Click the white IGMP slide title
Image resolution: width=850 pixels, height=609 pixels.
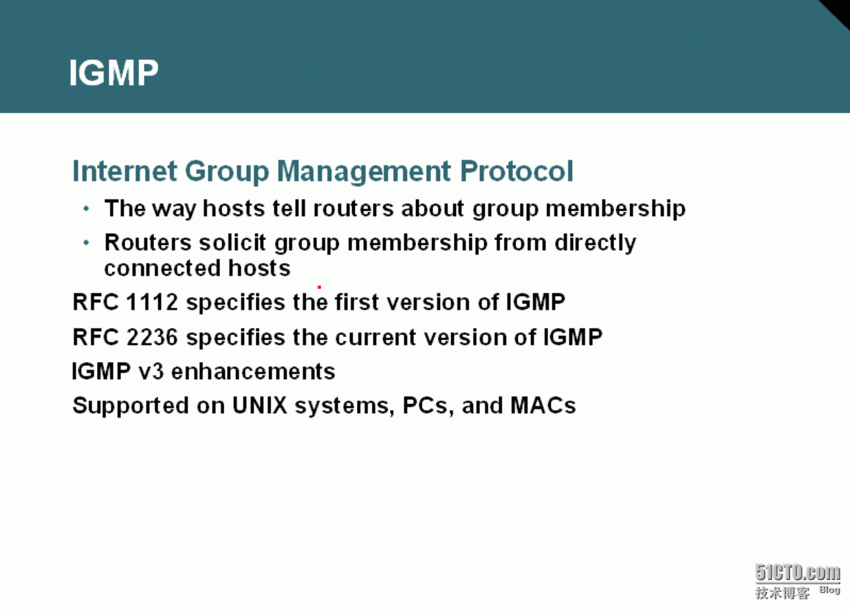point(113,72)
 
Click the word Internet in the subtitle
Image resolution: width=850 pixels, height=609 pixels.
point(124,171)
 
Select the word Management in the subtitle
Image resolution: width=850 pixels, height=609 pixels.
point(364,171)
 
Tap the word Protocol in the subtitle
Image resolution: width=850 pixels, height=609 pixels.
point(516,171)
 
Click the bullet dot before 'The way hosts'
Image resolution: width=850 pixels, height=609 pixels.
point(87,209)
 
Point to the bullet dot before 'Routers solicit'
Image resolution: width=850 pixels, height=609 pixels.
point(87,242)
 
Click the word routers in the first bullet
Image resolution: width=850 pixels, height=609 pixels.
point(353,209)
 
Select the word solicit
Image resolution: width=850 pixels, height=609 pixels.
point(232,242)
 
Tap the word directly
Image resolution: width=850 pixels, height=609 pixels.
point(595,243)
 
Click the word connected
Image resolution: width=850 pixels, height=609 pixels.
point(162,268)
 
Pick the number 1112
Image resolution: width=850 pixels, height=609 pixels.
point(152,302)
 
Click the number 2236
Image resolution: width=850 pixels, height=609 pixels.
point(152,337)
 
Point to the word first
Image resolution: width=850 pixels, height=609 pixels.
point(357,302)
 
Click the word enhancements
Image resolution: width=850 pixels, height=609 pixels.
point(253,372)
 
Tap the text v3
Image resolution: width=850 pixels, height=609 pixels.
point(151,372)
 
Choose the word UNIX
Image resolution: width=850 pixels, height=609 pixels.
point(259,405)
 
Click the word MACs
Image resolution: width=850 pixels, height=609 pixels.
point(543,405)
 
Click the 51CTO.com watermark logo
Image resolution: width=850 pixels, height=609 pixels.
point(798,581)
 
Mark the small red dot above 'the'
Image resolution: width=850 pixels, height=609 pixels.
point(320,287)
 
